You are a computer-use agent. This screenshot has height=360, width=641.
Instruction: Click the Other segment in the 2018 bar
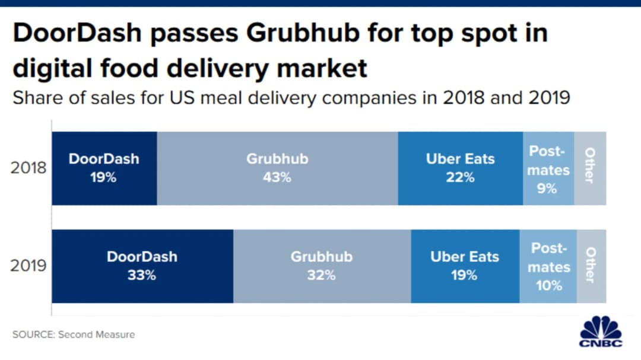click(591, 168)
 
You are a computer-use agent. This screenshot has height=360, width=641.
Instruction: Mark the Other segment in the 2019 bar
click(591, 266)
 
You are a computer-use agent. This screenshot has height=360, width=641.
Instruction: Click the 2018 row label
click(28, 168)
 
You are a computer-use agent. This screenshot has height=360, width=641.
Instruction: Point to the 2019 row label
click(28, 265)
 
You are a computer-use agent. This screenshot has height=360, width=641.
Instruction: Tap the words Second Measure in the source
click(97, 334)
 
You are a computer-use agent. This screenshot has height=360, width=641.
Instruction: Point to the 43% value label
click(277, 177)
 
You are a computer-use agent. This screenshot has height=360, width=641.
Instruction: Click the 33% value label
click(142, 275)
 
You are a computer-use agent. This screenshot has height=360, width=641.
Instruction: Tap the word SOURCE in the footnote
click(33, 334)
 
